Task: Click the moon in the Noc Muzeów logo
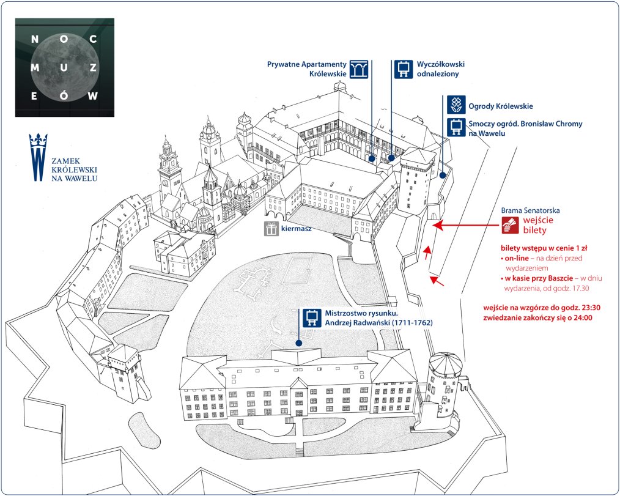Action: tap(65, 67)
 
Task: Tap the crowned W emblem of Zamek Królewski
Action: tap(38, 157)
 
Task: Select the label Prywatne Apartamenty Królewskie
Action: tap(307, 68)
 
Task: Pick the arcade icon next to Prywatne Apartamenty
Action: tap(359, 68)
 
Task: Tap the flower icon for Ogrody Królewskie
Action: tap(455, 105)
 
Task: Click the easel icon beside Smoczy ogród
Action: tap(455, 127)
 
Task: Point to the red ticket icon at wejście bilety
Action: tap(509, 225)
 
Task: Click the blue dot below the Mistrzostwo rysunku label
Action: tap(299, 343)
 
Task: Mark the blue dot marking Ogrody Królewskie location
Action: tap(441, 175)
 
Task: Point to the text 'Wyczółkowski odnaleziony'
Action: tap(438, 68)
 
